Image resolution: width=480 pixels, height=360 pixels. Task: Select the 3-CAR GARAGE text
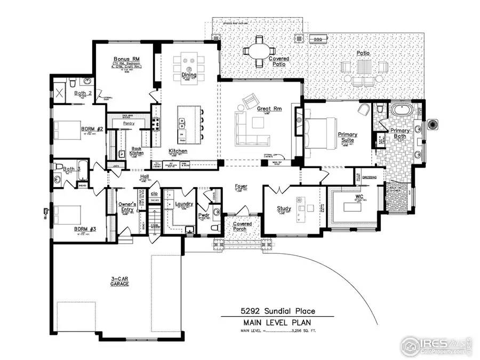coord(120,281)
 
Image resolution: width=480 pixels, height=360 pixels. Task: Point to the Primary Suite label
coord(347,137)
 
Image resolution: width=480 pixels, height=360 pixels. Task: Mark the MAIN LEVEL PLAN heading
coord(277,323)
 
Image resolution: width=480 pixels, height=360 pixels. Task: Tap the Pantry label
coord(129,123)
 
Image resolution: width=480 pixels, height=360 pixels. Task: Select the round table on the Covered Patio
coord(259,52)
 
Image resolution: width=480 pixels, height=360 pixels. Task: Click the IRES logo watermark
coord(435,345)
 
